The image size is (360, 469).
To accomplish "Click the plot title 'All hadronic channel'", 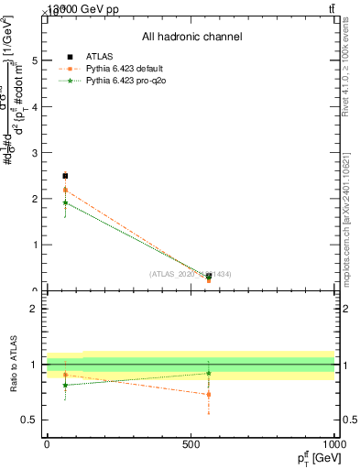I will click(x=191, y=38).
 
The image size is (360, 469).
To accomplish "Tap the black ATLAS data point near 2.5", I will click(x=65, y=175).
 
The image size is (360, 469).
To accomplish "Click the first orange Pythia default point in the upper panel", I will click(x=65, y=190).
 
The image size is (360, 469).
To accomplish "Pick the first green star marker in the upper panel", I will click(x=65, y=202).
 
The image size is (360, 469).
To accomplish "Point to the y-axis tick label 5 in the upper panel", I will click(x=34, y=60).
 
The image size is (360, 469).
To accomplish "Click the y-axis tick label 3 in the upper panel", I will click(x=34, y=153).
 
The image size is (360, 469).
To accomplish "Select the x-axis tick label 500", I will click(x=191, y=443).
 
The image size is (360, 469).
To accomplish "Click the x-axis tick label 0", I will click(x=47, y=443).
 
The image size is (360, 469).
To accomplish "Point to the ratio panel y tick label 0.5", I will click(x=30, y=420).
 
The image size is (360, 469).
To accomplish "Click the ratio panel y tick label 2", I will click(x=34, y=309).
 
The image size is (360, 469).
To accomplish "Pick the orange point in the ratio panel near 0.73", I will click(x=209, y=395).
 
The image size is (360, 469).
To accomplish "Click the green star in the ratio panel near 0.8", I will click(x=65, y=385).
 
